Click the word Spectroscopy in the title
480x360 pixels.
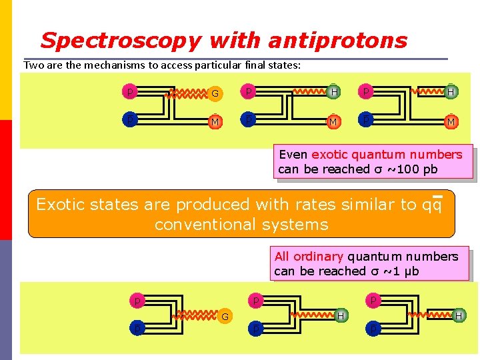[120, 41]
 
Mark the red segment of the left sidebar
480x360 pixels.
[5, 180]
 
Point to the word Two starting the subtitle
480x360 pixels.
[33, 65]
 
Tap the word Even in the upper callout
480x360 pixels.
[293, 155]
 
